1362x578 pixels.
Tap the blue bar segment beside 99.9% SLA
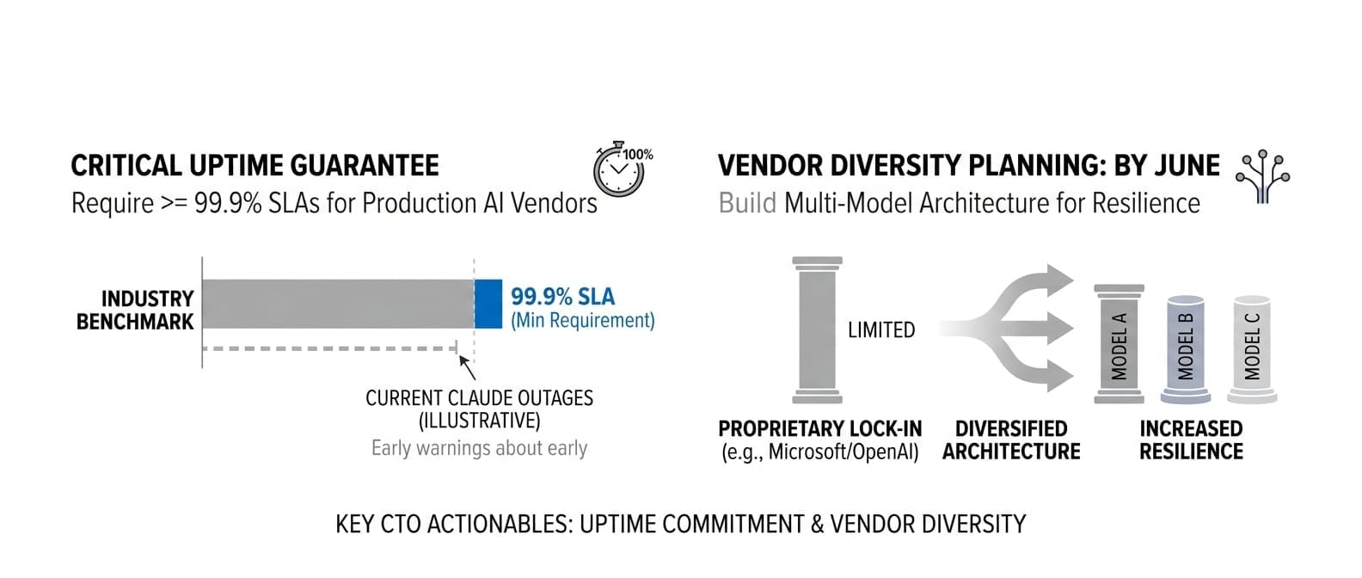pyautogui.click(x=488, y=304)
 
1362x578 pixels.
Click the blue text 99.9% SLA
pyautogui.click(x=562, y=297)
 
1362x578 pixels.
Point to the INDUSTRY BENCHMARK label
pyautogui.click(x=136, y=310)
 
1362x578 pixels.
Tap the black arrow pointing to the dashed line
pyautogui.click(x=467, y=366)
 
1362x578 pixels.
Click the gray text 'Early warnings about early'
pyautogui.click(x=479, y=448)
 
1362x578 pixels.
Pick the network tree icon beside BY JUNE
pyautogui.click(x=1262, y=176)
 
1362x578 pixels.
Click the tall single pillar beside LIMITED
pyautogui.click(x=816, y=329)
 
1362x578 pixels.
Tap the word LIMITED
pyautogui.click(x=881, y=330)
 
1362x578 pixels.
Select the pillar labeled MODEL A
pyautogui.click(x=1119, y=344)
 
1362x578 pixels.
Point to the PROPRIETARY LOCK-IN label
pyautogui.click(x=819, y=429)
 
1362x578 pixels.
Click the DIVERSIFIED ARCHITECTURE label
pyautogui.click(x=1011, y=440)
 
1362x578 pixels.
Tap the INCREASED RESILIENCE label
pyautogui.click(x=1191, y=440)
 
